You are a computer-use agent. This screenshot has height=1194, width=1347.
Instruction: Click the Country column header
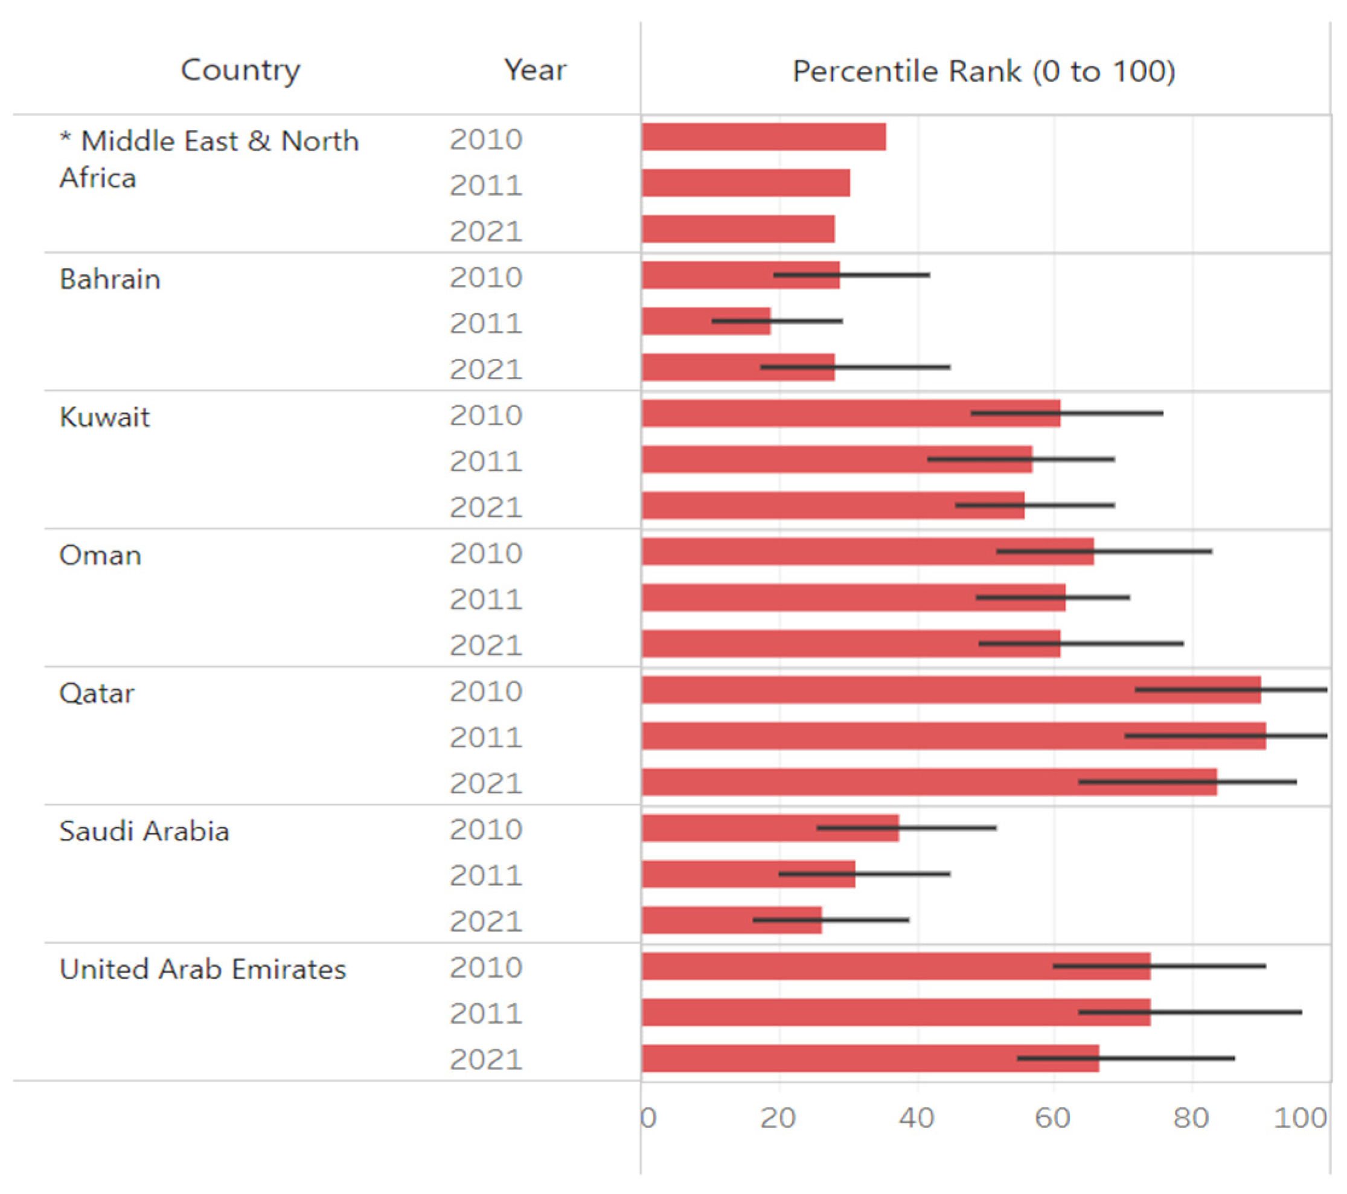(x=240, y=70)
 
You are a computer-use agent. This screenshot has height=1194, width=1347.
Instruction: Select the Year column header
(x=534, y=70)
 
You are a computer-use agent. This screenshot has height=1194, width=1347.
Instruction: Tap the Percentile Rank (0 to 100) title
(x=983, y=71)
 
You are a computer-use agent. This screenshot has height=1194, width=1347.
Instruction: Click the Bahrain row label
(x=110, y=279)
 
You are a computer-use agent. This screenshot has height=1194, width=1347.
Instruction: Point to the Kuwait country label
(x=105, y=417)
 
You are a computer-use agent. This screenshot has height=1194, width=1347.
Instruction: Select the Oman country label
(x=100, y=555)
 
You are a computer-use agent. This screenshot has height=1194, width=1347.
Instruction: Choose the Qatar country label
(x=97, y=693)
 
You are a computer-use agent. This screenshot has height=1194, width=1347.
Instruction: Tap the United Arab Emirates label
(x=202, y=969)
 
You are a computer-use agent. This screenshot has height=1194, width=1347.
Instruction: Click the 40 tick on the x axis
(x=916, y=1118)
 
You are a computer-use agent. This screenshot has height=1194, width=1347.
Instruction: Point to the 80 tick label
(x=1190, y=1118)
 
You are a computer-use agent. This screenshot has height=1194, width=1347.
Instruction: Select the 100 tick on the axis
(x=1299, y=1118)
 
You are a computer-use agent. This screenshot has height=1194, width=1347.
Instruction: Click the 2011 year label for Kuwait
(x=485, y=461)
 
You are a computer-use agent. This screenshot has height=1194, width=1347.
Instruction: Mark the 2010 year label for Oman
(x=485, y=554)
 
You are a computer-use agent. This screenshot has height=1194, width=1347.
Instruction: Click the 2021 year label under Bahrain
(x=485, y=369)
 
